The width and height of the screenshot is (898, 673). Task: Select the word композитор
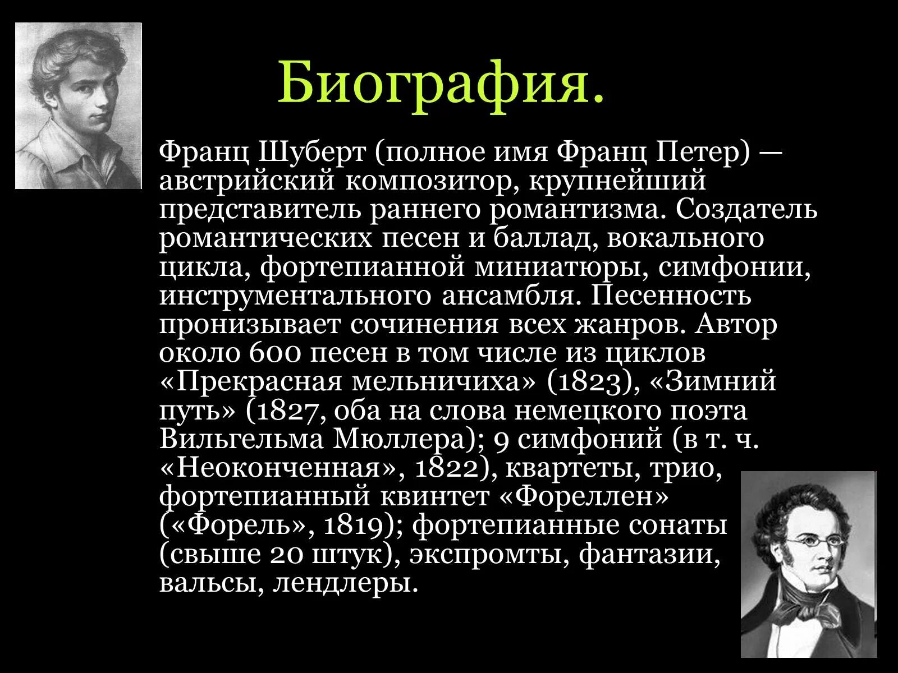[430, 181]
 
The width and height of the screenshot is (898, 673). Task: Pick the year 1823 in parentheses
[593, 382]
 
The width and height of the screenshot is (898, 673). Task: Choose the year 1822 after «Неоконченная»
[446, 468]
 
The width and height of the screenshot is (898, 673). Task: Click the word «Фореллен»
[592, 497]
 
